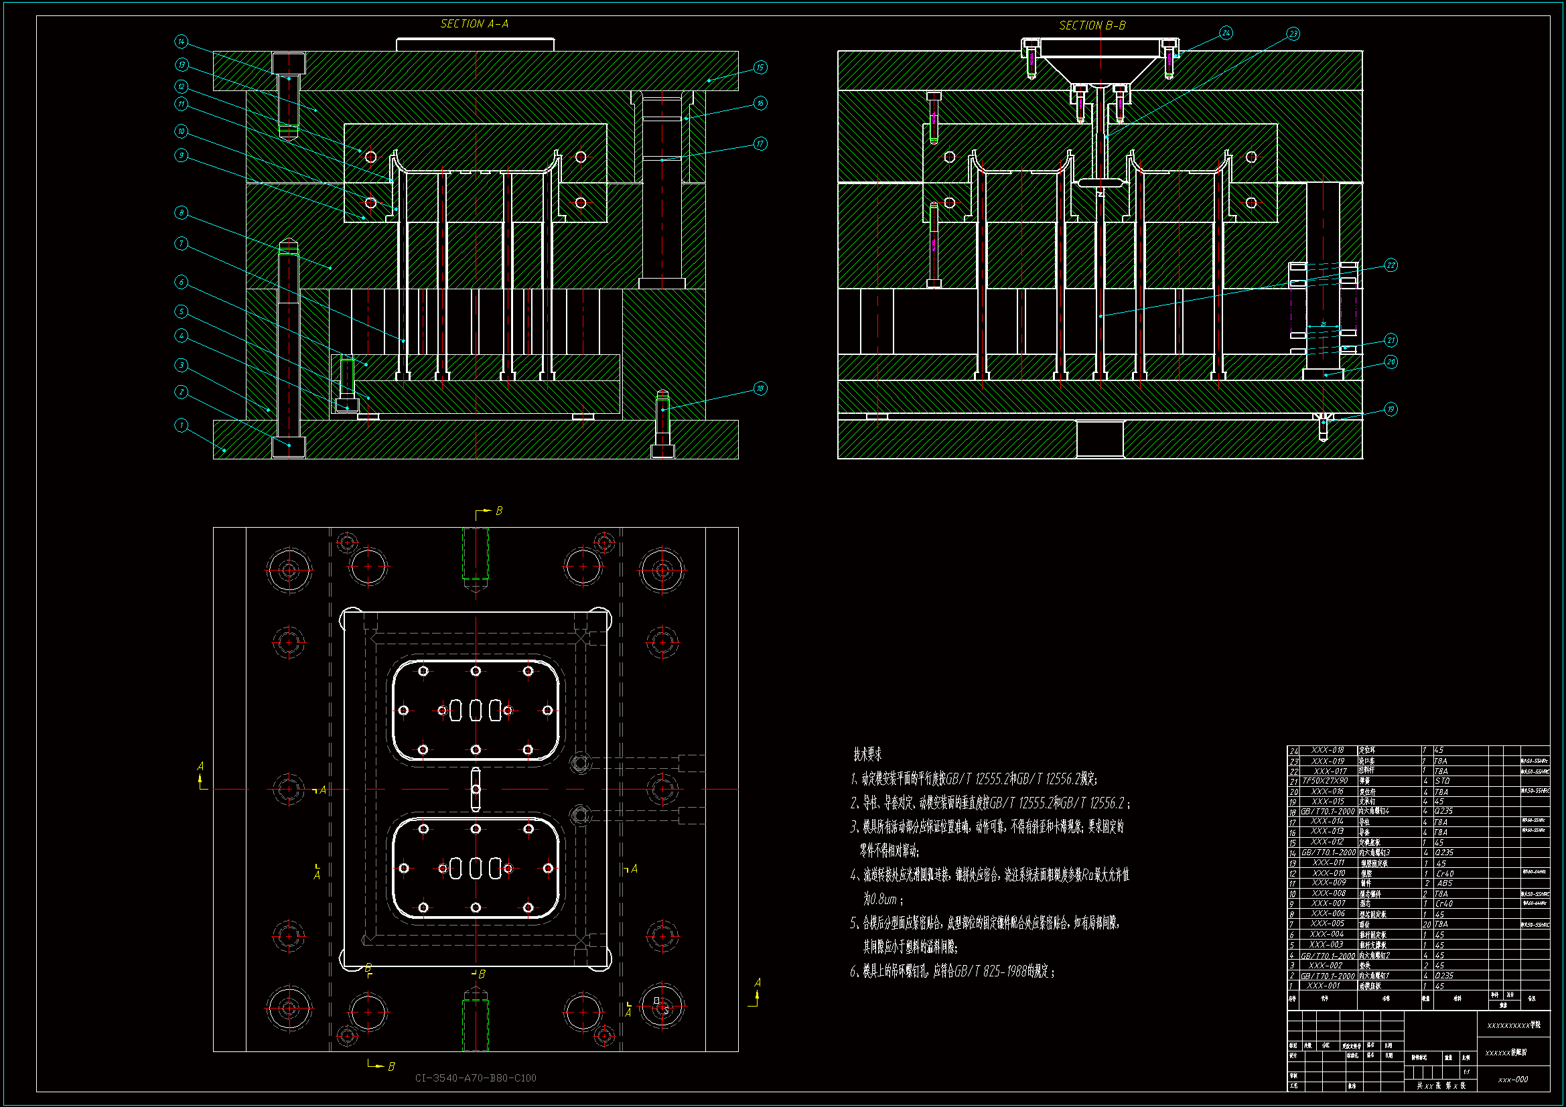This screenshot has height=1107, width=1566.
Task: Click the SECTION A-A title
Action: coord(474,24)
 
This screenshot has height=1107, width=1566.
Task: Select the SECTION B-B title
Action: coord(1092,25)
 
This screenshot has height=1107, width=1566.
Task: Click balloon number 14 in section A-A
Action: coord(181,42)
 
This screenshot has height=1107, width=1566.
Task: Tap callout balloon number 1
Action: coord(181,426)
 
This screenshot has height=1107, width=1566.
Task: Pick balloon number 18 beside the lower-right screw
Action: coord(760,389)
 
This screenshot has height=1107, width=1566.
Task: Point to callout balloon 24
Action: coord(1226,33)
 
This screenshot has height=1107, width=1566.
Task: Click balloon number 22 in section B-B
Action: coord(1391,265)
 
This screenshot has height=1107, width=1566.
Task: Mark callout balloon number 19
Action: coord(1391,409)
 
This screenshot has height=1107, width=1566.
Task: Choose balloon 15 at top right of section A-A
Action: coord(760,67)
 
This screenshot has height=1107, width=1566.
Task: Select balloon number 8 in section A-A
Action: coord(181,213)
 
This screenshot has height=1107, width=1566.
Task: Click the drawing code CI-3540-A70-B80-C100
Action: coord(476,1078)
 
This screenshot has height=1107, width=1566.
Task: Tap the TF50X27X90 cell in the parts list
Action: coord(1326,781)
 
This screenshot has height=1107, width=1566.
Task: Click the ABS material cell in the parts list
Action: coord(1444,883)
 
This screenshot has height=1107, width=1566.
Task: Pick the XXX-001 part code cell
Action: coord(1323,986)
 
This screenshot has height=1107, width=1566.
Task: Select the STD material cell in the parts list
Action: coord(1442,781)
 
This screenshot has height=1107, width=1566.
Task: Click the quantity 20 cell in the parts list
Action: coord(1426,924)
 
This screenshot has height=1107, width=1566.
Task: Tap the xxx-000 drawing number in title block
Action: coord(1513,1080)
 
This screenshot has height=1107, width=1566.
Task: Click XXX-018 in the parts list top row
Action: coord(1328,750)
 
